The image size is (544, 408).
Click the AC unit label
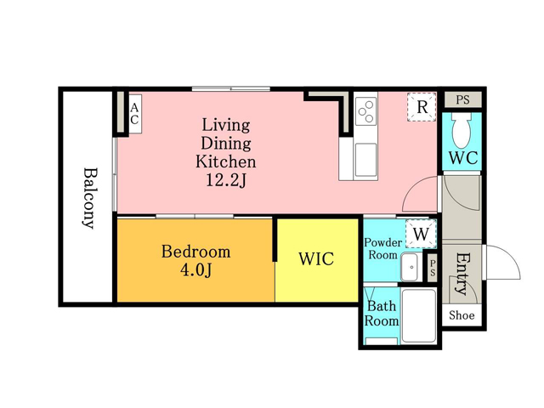[x=134, y=114]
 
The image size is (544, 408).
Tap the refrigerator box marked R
[x=422, y=107]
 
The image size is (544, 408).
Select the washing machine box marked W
[x=422, y=234]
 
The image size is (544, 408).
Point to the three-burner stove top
[x=366, y=111]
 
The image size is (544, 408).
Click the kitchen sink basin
[x=365, y=160]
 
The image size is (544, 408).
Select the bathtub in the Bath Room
[x=419, y=315]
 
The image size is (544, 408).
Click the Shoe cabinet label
[x=462, y=315]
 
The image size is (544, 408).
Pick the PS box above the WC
[x=463, y=99]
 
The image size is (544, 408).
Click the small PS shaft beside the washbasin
[x=433, y=269]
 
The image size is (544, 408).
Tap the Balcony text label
[x=89, y=198]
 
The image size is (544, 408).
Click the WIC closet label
[x=316, y=258]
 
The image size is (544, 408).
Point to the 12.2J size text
[x=226, y=180]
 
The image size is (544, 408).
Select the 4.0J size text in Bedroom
[x=195, y=270]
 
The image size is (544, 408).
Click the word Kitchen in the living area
[x=226, y=161]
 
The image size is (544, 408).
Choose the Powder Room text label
[x=382, y=248]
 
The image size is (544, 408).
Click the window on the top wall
[x=231, y=88]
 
